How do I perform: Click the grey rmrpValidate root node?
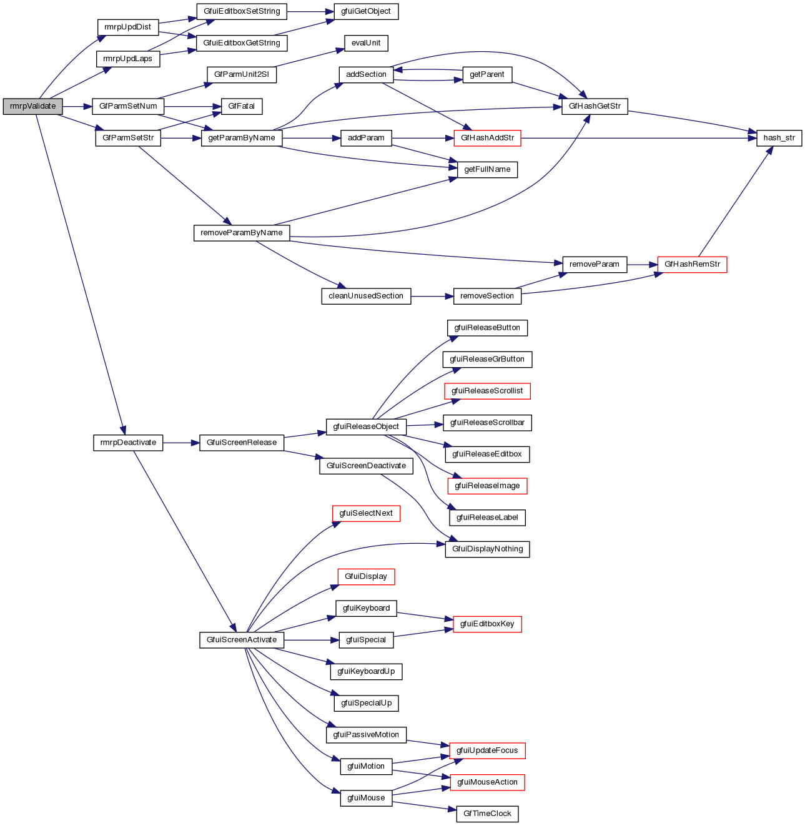(32, 106)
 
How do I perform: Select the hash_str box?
(779, 138)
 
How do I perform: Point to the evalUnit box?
(366, 43)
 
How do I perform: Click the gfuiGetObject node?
(366, 11)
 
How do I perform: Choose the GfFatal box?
(241, 106)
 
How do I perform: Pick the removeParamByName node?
(241, 233)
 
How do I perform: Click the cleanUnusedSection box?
(366, 296)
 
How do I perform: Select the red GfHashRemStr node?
(692, 264)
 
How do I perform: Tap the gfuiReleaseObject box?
(366, 427)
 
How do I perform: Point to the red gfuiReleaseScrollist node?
(487, 391)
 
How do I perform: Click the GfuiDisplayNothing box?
(487, 549)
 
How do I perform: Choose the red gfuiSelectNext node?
(366, 513)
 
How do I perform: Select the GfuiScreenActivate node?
(242, 640)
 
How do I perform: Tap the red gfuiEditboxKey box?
(487, 624)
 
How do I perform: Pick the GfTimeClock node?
(487, 814)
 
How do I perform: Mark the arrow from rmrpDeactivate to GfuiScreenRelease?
(181, 443)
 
